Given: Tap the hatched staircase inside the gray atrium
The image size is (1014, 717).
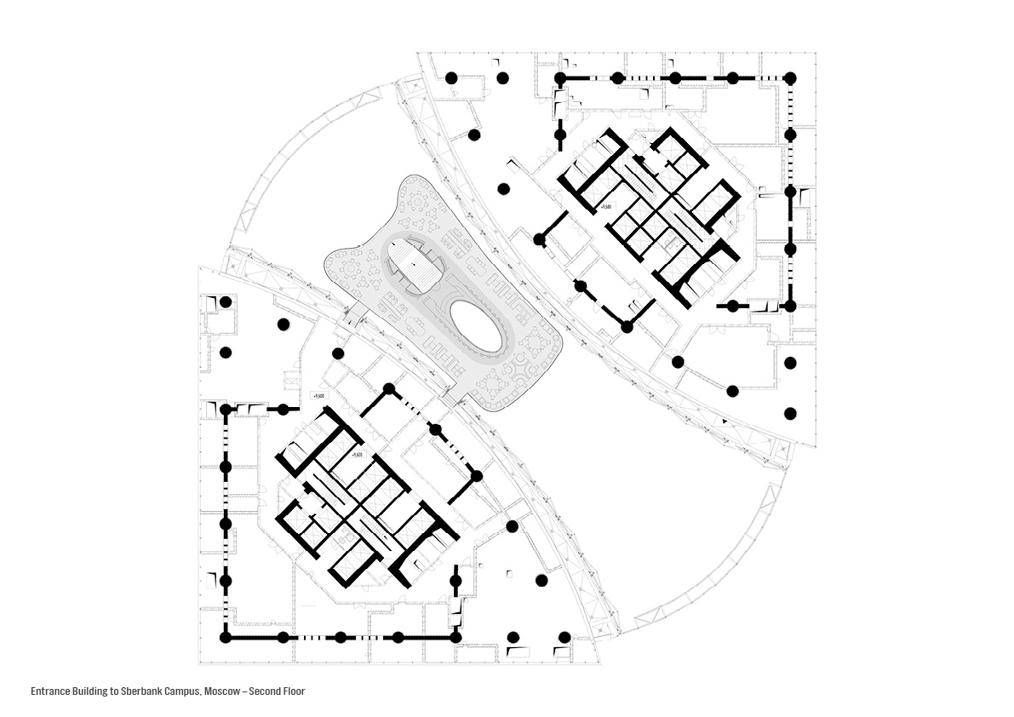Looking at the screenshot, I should point(417,266).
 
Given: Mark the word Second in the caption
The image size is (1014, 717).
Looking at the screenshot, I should point(263,691).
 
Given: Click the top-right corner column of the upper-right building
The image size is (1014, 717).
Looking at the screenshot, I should point(790,77).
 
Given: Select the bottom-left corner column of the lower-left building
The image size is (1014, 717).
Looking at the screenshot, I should point(226,637).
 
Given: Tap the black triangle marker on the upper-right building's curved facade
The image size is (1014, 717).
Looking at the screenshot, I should point(725,421).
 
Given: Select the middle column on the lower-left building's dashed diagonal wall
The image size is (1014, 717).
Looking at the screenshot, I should point(435,429).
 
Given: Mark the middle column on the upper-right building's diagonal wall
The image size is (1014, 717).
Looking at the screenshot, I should point(581,287).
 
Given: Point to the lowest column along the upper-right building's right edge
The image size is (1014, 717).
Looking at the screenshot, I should point(790,413).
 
